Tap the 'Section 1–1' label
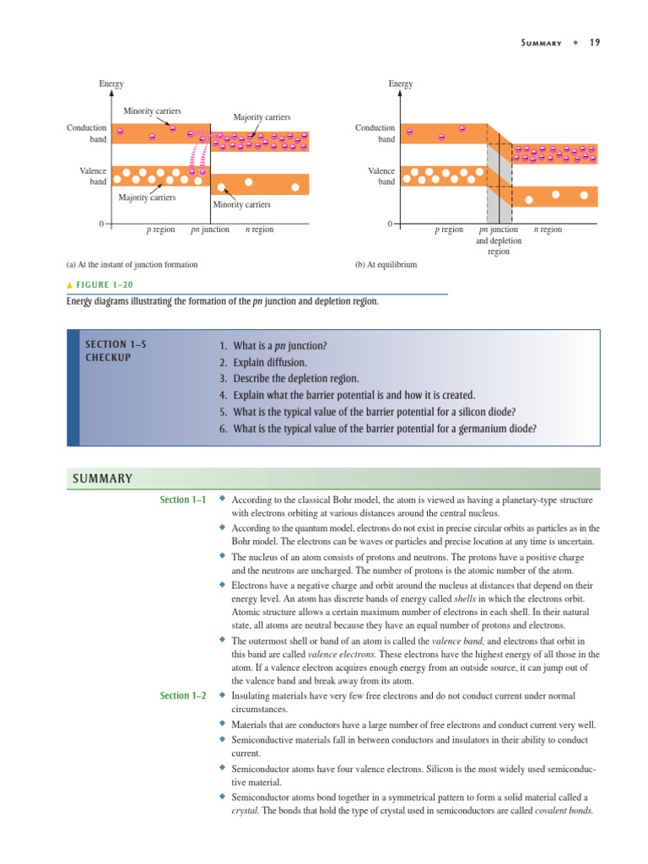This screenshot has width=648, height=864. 183,500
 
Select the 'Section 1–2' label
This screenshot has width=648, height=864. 183,696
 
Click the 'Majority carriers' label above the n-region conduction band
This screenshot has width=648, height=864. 262,117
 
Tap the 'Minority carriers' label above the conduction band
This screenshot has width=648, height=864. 152,111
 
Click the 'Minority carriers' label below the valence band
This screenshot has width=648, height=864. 242,204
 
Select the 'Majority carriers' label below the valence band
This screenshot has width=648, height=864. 147,197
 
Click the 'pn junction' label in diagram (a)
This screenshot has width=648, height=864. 210,229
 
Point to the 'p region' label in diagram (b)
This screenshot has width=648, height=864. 449,229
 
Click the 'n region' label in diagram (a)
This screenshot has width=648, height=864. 259,229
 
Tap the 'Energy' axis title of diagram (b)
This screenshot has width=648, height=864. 400,84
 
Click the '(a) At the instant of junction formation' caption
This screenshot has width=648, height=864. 132,264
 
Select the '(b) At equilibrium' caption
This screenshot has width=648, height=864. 386,264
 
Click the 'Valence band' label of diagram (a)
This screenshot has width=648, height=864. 93,176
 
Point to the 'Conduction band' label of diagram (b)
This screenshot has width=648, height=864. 375,133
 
